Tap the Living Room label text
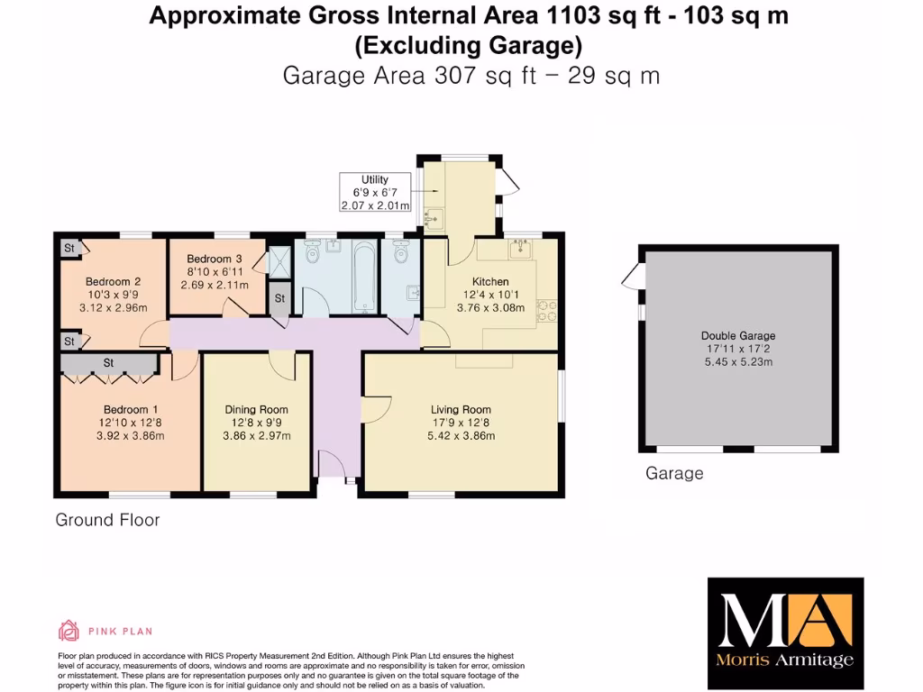461,409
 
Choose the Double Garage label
736,336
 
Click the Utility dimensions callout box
375,193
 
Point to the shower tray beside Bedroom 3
280,261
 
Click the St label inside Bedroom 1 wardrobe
108,363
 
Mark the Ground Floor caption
107,520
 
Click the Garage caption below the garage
674,474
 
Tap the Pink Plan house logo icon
69,630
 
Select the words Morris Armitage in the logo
785,660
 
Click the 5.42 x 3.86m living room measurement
461,436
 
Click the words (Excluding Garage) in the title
468,45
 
